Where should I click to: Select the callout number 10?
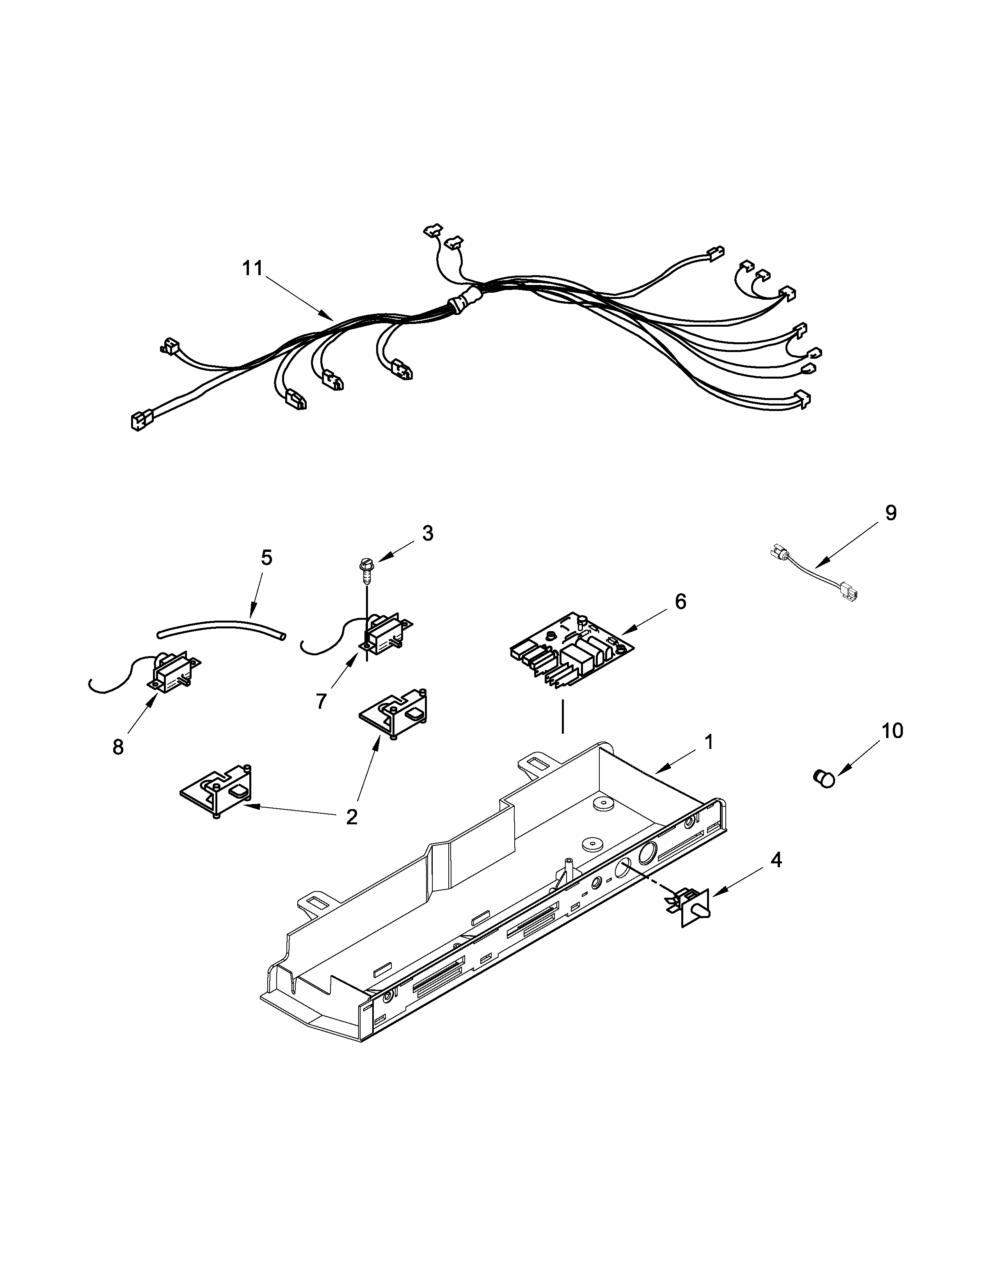892,731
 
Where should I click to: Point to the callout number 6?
680,601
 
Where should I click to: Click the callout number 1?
709,741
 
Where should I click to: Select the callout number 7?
321,701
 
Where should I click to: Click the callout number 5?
267,557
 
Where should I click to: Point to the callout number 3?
427,533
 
